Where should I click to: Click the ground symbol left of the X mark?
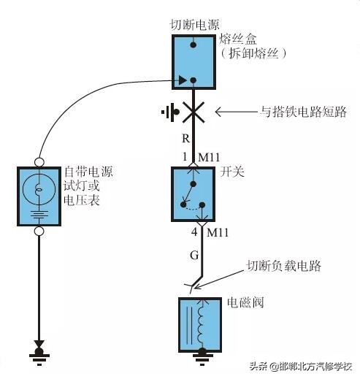tap(169, 112)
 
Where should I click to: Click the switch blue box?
tap(194, 194)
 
